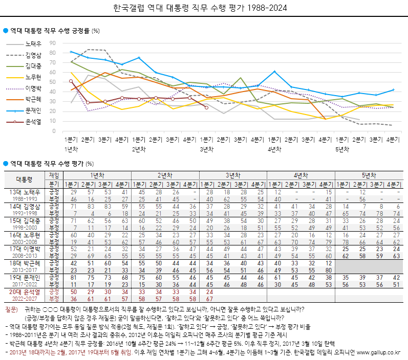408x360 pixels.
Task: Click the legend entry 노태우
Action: [33, 43]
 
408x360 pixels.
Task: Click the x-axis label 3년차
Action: [206, 149]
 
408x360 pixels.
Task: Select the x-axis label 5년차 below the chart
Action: [342, 149]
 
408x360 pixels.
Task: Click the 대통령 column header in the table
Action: [24, 179]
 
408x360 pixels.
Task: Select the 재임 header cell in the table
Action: [54, 175]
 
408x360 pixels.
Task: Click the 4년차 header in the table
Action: [301, 175]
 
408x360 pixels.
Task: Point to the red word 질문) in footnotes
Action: [11, 310]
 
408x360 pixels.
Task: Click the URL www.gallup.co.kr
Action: [379, 353]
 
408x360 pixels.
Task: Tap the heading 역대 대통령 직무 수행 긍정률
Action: [50, 31]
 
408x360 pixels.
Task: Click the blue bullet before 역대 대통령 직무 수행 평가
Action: [6, 164]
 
